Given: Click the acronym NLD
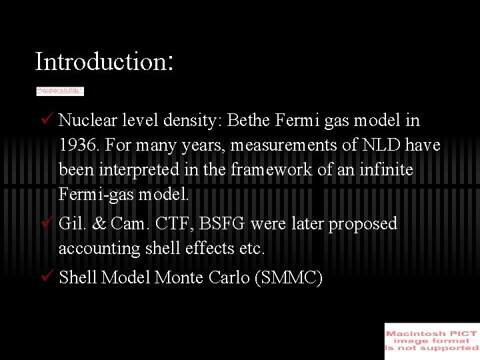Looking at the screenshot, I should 381,145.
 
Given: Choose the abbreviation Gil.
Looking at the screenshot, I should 71,223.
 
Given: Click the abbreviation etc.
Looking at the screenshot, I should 251,249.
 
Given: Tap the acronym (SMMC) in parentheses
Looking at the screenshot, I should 289,278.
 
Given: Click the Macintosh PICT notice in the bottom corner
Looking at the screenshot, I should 431,341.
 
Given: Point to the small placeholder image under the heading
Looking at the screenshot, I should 59,91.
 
